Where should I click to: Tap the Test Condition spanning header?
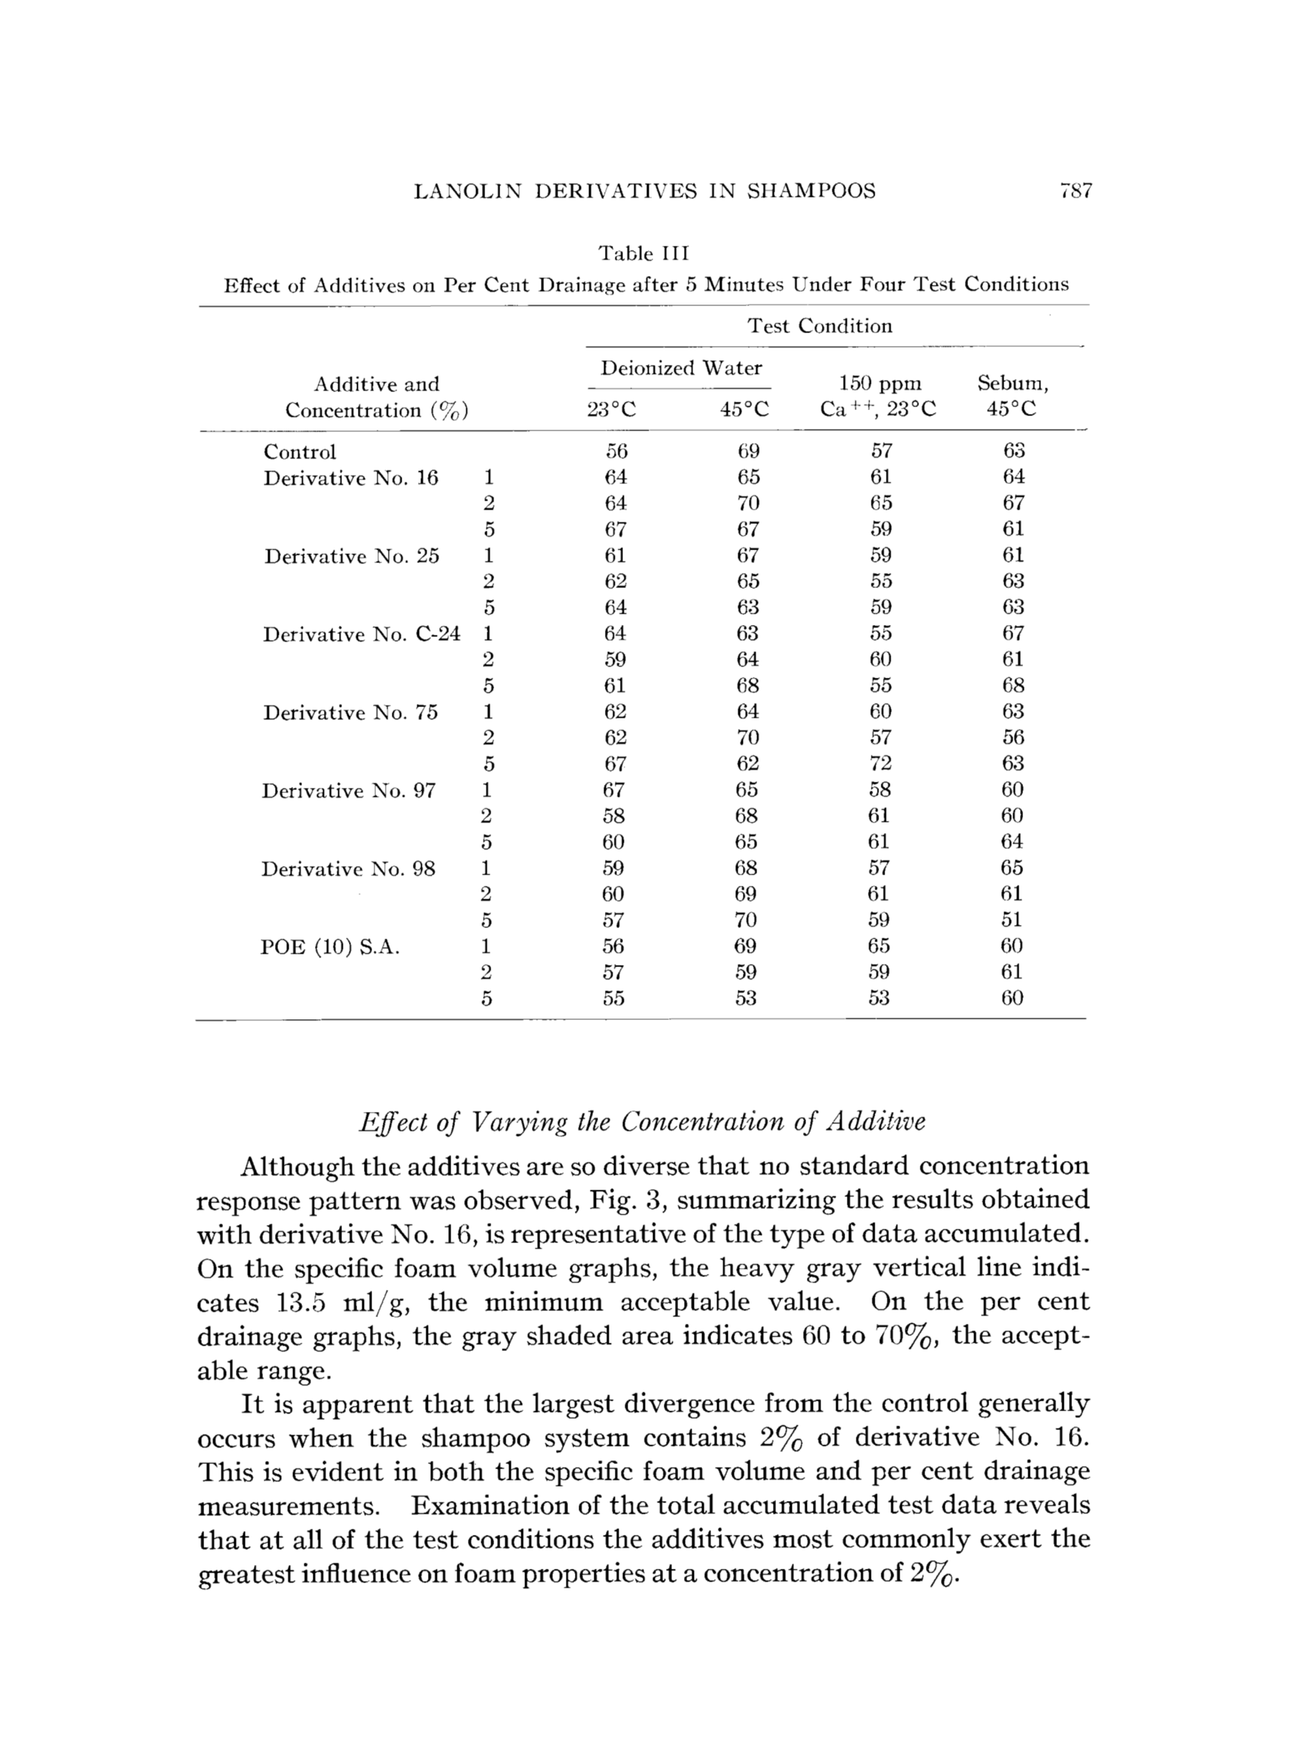tap(820, 326)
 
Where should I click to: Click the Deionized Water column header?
tap(680, 368)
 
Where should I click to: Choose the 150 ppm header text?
tap(879, 383)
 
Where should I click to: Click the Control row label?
tap(300, 452)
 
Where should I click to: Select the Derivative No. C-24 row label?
tap(362, 634)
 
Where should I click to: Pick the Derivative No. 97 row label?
tap(348, 791)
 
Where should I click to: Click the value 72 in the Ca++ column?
tap(880, 764)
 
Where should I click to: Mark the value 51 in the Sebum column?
tap(1012, 920)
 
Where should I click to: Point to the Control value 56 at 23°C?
tap(615, 452)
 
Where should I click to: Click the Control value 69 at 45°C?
tap(747, 452)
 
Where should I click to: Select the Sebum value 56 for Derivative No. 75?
tap(1012, 738)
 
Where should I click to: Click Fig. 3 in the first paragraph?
tap(625, 1201)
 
